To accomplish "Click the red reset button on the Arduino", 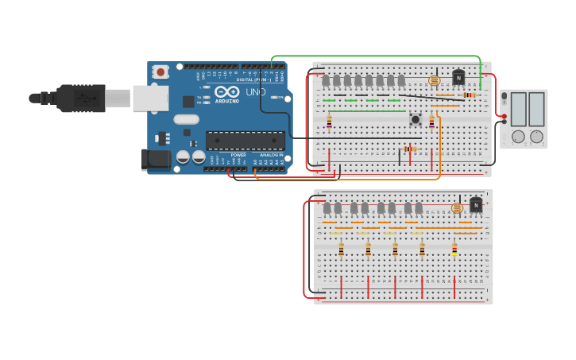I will [161, 72].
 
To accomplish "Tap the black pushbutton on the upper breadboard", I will [415, 120].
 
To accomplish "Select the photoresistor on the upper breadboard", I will [434, 80].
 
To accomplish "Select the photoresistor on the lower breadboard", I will [457, 208].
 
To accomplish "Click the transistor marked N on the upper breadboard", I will [458, 78].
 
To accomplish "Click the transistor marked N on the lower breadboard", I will [476, 205].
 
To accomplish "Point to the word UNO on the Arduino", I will [256, 93].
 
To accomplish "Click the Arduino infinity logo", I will [227, 92].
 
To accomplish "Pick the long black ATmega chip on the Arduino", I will [245, 141].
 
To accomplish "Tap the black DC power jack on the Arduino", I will [157, 159].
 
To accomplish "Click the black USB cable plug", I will [79, 98].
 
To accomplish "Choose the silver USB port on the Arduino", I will [149, 98].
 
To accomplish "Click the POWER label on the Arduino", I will [238, 155].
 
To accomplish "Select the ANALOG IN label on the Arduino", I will [269, 155].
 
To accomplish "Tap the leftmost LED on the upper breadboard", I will [326, 81].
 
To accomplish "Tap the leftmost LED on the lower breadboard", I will [327, 208].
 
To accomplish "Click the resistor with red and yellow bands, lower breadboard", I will [454, 250].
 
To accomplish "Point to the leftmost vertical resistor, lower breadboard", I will [341, 250].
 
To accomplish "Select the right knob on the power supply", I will [537, 137].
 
